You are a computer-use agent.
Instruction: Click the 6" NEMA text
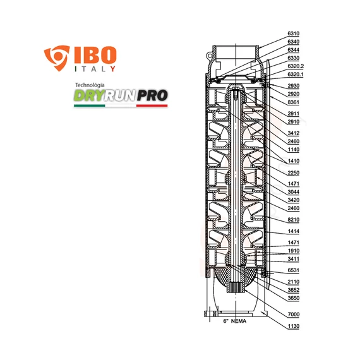[235, 321]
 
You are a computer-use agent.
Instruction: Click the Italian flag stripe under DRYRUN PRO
[121, 106]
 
